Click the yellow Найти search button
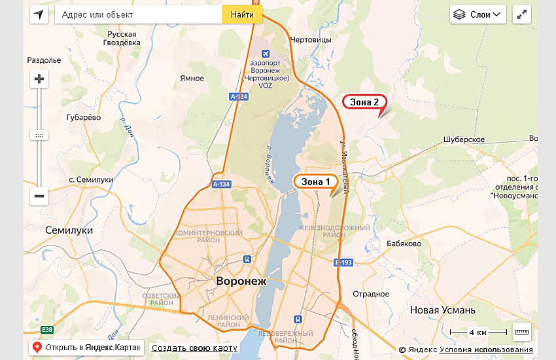pos(242,14)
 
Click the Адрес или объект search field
pos(138,14)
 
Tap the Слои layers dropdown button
pos(479,14)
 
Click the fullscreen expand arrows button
pos(522,14)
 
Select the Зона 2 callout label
pos(364,102)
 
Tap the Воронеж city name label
pos(241,281)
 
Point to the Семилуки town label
pos(69,230)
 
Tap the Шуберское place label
pos(464,139)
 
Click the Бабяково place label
pos(404,243)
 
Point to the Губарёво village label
pos(84,117)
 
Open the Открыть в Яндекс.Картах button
pos(86,348)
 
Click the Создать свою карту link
pos(194,348)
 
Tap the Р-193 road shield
pos(343,262)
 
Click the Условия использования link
pos(486,350)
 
